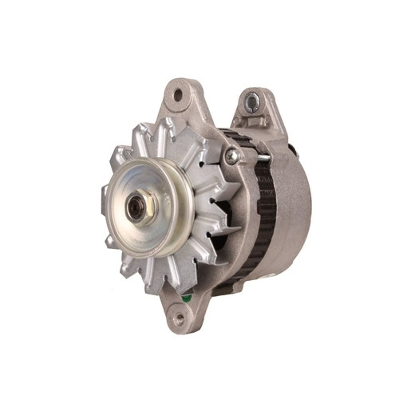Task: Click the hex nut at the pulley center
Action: coord(140,210)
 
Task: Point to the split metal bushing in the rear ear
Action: coord(253,101)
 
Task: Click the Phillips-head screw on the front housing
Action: coord(231,157)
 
